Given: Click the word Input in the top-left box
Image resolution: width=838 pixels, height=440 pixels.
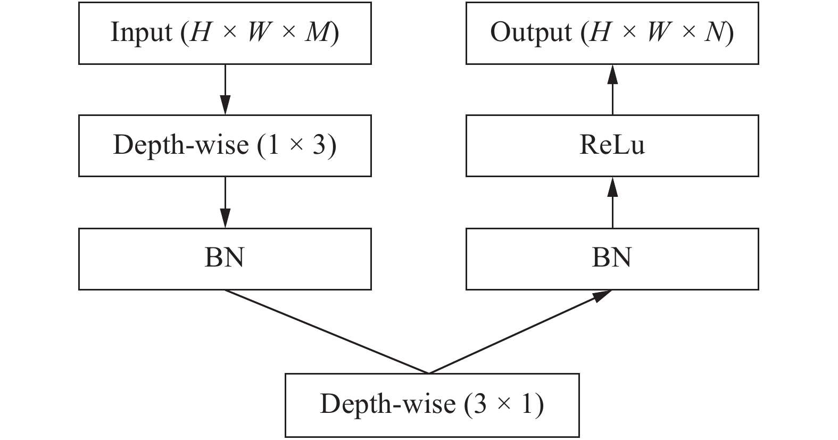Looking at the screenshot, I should (142, 33).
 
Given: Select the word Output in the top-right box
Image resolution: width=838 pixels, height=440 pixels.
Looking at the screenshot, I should (530, 33).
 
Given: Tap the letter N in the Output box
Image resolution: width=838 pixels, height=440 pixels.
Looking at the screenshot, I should (714, 33).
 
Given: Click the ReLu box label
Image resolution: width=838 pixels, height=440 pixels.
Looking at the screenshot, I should (612, 145).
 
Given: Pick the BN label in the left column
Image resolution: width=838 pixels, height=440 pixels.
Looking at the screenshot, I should (225, 258).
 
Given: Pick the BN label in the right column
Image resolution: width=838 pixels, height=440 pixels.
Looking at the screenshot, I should (612, 258).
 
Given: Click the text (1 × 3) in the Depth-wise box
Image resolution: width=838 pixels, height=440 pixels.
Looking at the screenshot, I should (297, 145).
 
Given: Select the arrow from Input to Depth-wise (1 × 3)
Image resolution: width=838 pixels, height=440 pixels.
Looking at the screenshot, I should (225, 88).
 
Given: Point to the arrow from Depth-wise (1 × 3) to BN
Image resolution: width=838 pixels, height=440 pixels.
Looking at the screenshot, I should (225, 201).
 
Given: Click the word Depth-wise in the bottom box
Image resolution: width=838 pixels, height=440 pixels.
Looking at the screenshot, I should (387, 404).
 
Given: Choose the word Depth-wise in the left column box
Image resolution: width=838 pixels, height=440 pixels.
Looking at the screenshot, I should (181, 145).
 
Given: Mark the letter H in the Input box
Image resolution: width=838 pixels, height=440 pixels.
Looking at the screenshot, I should (200, 33).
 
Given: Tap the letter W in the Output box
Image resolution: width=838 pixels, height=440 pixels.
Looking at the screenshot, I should (658, 33).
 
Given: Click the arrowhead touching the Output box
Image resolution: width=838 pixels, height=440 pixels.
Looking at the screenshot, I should (612, 73).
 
